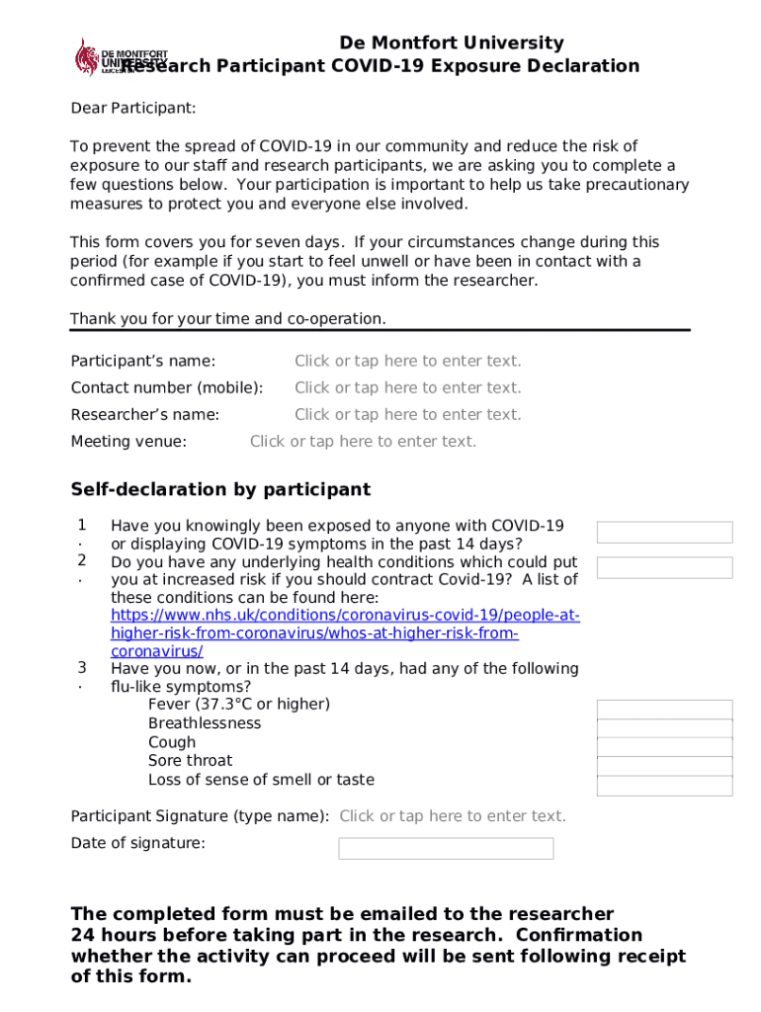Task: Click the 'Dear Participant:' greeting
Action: tap(132, 108)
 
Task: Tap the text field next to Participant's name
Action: tap(407, 362)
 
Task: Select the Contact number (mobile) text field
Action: tap(407, 388)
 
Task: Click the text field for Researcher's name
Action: tap(407, 415)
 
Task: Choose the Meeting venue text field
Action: tap(363, 442)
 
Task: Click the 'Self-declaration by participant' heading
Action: tap(220, 490)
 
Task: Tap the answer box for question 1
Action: tap(664, 533)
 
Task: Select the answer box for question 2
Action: tap(664, 567)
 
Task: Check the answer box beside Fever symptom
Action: tap(664, 709)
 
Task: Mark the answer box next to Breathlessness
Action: tap(664, 728)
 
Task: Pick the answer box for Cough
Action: tap(664, 747)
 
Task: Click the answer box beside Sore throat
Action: tap(664, 766)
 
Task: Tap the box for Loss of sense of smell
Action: tap(664, 786)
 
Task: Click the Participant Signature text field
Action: tap(453, 816)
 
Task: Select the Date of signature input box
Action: tap(446, 849)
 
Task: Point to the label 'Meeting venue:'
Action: tap(128, 442)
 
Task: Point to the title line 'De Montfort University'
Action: tap(452, 42)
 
